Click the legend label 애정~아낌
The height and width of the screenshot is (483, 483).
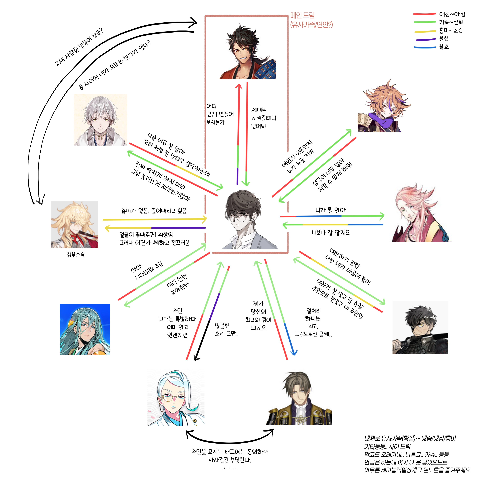(452, 14)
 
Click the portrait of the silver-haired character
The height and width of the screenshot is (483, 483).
(100, 120)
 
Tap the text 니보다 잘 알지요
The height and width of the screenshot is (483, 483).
(331, 233)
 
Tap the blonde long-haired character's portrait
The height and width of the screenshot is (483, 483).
(75, 224)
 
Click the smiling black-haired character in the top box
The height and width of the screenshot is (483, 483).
(247, 52)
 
